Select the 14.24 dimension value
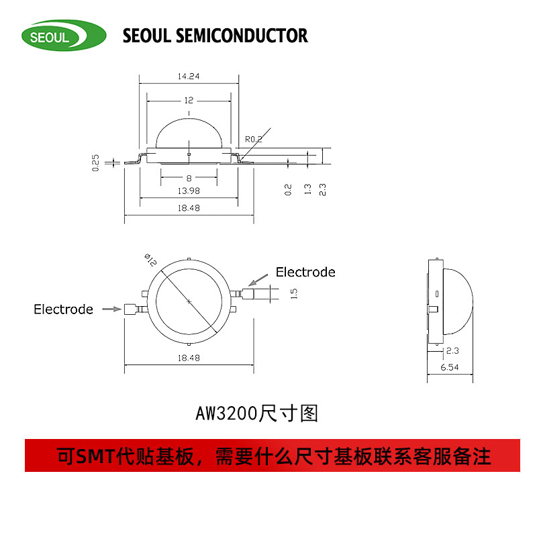(x=189, y=77)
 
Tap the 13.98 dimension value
(x=189, y=191)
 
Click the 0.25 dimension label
(x=95, y=162)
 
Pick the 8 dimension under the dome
(x=189, y=178)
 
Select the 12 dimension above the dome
(x=189, y=100)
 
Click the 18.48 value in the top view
(x=189, y=209)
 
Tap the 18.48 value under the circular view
(x=189, y=358)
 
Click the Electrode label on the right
(x=305, y=272)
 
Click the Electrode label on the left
(x=64, y=309)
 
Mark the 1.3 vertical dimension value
(x=307, y=190)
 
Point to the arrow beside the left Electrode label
(x=107, y=309)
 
